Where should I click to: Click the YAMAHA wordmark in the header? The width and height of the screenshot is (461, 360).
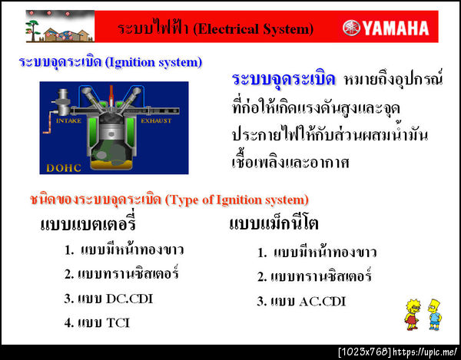[396, 28]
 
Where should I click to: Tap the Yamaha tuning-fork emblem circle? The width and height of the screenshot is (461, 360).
[351, 28]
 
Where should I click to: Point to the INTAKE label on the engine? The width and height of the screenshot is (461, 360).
[69, 121]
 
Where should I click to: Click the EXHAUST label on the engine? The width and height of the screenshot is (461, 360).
[156, 121]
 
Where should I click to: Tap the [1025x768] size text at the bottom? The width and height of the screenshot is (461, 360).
[364, 352]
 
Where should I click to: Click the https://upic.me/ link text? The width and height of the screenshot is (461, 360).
[425, 352]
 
